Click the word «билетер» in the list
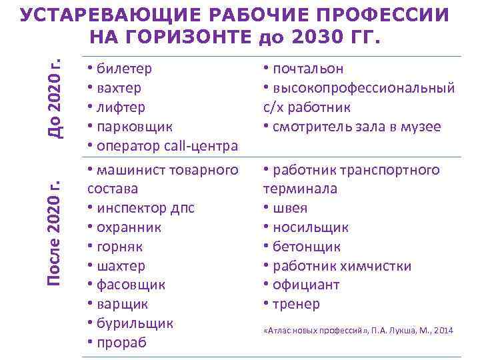124,69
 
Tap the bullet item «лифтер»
121,107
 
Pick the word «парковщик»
134,126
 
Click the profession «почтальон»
306,69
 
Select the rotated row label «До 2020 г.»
56,98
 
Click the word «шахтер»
121,266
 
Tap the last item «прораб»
121,343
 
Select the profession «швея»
289,208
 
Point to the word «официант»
305,285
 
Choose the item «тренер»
295,304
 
